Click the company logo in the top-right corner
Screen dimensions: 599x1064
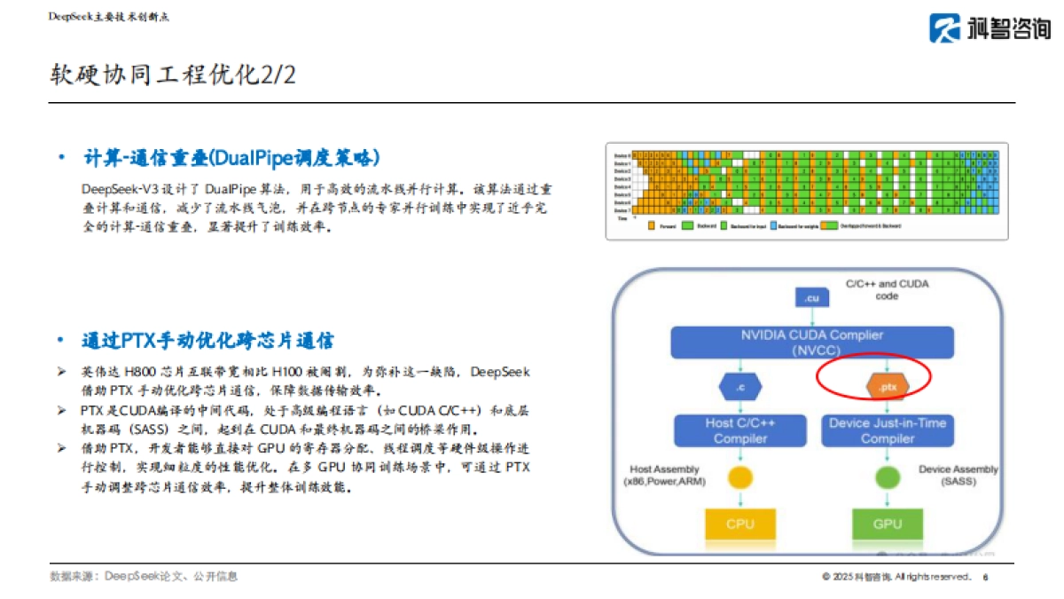pyautogui.click(x=990, y=28)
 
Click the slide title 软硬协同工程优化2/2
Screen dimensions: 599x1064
pyautogui.click(x=173, y=75)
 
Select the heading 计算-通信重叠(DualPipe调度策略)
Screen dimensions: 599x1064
pyautogui.click(x=231, y=158)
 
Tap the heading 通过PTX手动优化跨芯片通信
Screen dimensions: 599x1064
pyautogui.click(x=207, y=342)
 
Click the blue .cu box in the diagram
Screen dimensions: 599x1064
pyautogui.click(x=811, y=298)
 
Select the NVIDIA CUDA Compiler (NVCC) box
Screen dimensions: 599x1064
pyautogui.click(x=811, y=343)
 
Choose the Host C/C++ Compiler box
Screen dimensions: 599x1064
pyautogui.click(x=739, y=430)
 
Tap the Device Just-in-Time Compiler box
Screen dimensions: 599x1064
pyautogui.click(x=888, y=430)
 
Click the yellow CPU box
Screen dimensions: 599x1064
pyautogui.click(x=739, y=524)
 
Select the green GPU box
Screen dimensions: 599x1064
pyautogui.click(x=887, y=524)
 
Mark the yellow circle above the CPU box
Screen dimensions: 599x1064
pyautogui.click(x=739, y=477)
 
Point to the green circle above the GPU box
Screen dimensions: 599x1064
pyautogui.click(x=887, y=477)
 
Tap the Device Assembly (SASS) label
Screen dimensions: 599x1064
pyautogui.click(x=958, y=475)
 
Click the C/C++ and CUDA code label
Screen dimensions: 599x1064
pyautogui.click(x=887, y=289)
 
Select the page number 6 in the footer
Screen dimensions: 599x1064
pyautogui.click(x=986, y=577)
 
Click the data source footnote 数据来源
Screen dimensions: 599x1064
pyautogui.click(x=144, y=577)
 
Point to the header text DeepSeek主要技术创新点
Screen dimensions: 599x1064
pyautogui.click(x=108, y=17)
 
